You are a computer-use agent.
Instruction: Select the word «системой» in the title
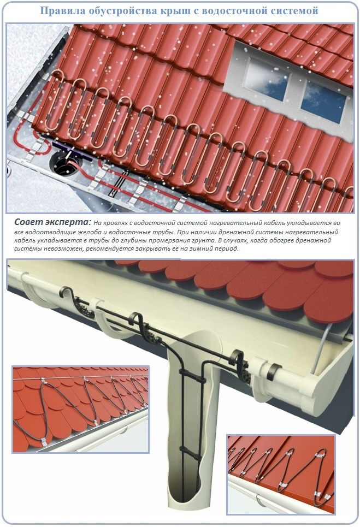pos(297,11)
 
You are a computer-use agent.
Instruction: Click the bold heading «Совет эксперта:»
pos(53,222)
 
